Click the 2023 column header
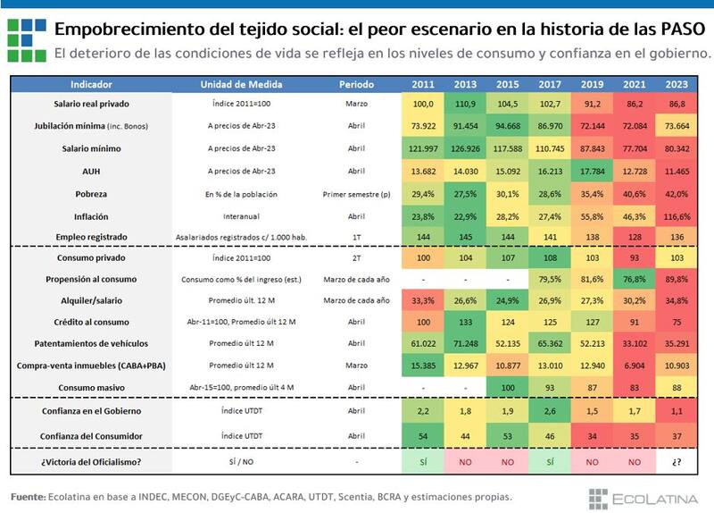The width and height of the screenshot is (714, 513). click(676, 85)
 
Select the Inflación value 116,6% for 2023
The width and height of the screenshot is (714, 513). click(676, 216)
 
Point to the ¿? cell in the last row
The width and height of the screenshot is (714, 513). click(676, 463)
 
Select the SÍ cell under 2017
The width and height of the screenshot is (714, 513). click(550, 463)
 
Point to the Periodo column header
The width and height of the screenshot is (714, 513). click(357, 85)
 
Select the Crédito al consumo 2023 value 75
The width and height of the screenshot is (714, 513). click(676, 323)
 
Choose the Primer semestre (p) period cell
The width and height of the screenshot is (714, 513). click(357, 194)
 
